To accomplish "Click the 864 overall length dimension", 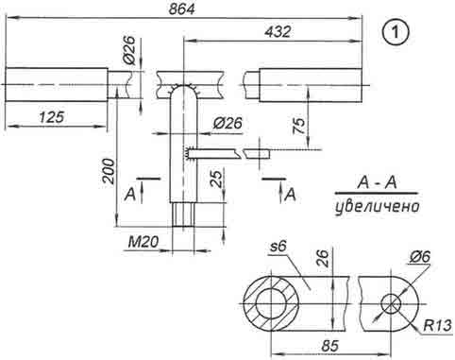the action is pyautogui.click(x=181, y=9).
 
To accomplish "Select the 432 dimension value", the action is pyautogui.click(x=278, y=32).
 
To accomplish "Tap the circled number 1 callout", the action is pyautogui.click(x=396, y=32).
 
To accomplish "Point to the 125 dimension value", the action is pyautogui.click(x=52, y=117).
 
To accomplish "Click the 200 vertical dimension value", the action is pyautogui.click(x=109, y=171).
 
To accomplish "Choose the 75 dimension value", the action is pyautogui.click(x=299, y=126).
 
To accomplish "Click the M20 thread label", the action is pyautogui.click(x=143, y=242).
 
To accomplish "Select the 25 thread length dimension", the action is pyautogui.click(x=217, y=179).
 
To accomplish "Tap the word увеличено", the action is pyautogui.click(x=378, y=207).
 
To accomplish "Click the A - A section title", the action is pyautogui.click(x=377, y=182).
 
